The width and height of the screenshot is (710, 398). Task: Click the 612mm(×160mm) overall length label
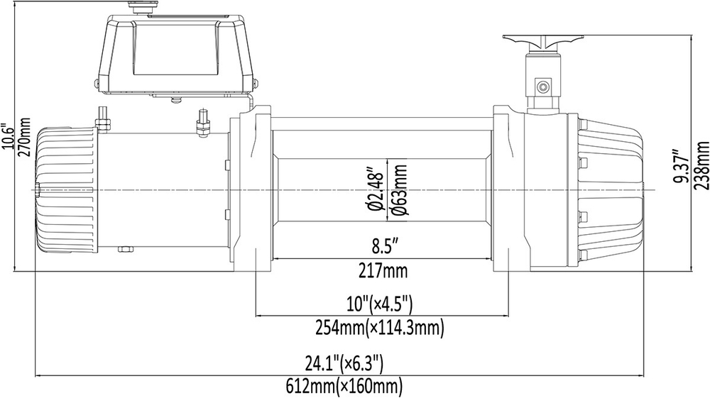[344, 387]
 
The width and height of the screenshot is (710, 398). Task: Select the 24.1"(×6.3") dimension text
[344, 365]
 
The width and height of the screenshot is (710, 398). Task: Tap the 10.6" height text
[8, 136]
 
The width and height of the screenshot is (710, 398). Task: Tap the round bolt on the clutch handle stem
[543, 87]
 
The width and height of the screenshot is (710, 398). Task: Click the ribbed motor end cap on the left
[64, 189]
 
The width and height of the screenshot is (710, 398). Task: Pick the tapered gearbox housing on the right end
[611, 189]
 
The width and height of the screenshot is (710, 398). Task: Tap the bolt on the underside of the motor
[126, 249]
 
